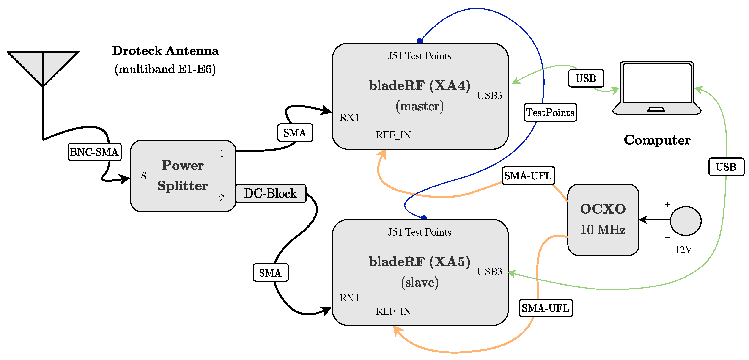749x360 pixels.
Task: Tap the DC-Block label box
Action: [x=271, y=193]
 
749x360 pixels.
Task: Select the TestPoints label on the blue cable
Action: [x=550, y=113]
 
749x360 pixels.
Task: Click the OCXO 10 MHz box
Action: [x=603, y=220]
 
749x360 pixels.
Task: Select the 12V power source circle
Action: [x=686, y=221]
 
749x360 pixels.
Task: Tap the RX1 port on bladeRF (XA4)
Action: [x=349, y=118]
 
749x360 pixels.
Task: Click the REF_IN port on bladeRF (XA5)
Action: [x=393, y=311]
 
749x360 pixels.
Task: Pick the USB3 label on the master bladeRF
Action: [x=490, y=95]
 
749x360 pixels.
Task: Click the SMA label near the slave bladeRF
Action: [x=270, y=273]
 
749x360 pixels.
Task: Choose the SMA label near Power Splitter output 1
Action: [x=295, y=133]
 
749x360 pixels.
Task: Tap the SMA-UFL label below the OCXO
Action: [x=546, y=308]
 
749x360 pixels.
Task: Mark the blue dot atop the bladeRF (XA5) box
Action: [x=424, y=218]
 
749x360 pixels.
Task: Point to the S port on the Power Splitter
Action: [x=144, y=176]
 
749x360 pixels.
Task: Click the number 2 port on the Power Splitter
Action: [x=222, y=198]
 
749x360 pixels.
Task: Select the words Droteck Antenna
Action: [x=165, y=51]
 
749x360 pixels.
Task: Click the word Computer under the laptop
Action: [x=657, y=140]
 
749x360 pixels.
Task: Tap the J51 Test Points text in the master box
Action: [x=420, y=56]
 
